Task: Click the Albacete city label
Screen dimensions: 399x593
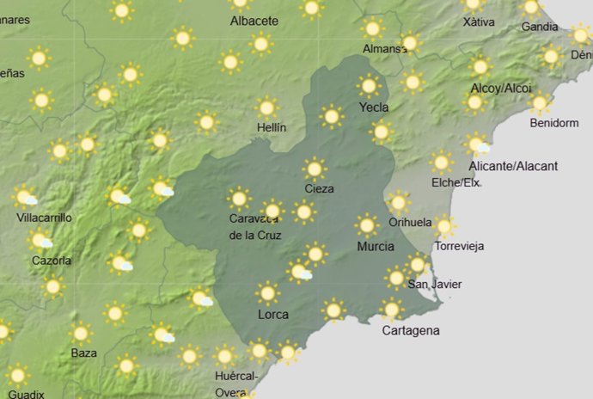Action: tap(254, 21)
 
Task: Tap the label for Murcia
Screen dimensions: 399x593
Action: tap(376, 247)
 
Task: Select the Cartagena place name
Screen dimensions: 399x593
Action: tap(411, 330)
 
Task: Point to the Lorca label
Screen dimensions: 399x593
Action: tap(273, 315)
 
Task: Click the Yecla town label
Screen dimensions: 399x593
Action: tap(375, 107)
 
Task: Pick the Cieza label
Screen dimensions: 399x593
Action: tap(319, 188)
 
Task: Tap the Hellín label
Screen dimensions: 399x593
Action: tap(272, 127)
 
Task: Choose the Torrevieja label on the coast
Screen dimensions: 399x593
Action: tap(459, 246)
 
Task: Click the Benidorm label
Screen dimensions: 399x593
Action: tap(554, 123)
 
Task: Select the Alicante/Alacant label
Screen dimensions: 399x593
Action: tap(514, 166)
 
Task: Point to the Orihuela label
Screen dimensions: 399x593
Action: tap(410, 222)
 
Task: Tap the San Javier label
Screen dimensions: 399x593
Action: tap(434, 285)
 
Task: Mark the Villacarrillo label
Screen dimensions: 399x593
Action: tap(44, 218)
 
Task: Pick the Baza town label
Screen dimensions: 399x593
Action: tap(83, 353)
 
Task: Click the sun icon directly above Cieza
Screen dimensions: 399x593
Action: tap(315, 169)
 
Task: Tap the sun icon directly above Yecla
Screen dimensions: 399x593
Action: tap(369, 86)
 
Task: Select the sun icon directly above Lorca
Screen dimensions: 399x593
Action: tap(268, 293)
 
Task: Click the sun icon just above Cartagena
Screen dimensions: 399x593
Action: tap(392, 309)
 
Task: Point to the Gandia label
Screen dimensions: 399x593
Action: tap(539, 27)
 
